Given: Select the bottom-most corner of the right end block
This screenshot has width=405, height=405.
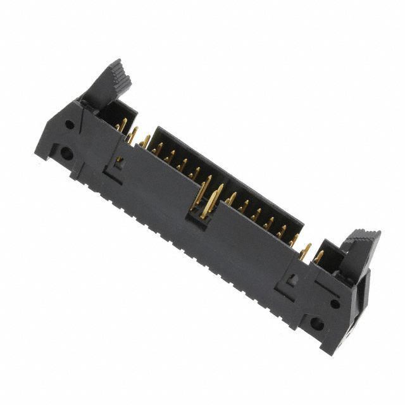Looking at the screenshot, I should pos(327,352).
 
